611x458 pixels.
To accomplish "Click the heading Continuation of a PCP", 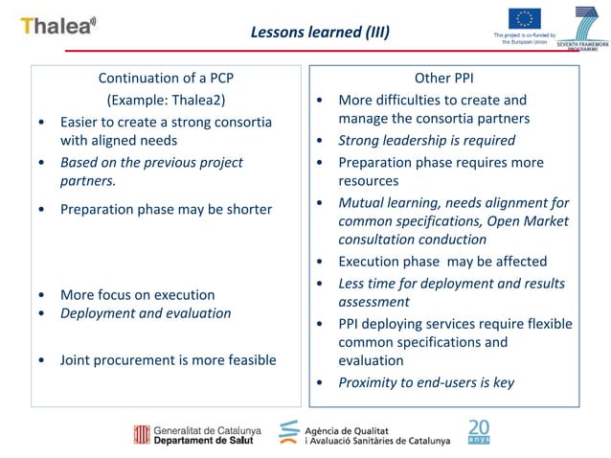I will [x=166, y=78].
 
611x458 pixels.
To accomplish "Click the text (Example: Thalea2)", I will [x=167, y=99].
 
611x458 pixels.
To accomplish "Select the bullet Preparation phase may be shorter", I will [x=166, y=209].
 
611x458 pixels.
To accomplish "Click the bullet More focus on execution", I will [x=137, y=294].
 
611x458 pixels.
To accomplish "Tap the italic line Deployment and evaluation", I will [x=146, y=312].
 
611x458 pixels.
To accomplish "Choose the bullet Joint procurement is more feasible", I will [x=168, y=359].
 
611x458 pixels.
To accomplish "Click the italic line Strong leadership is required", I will [x=426, y=140].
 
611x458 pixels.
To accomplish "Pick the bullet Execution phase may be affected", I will [x=442, y=261].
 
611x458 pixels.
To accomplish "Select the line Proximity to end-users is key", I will [x=426, y=382].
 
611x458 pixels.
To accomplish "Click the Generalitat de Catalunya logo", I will [x=196, y=433].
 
